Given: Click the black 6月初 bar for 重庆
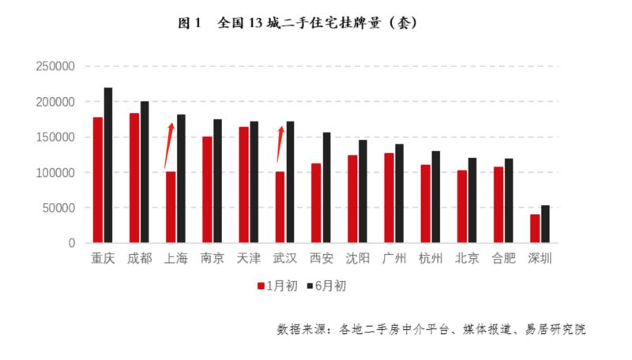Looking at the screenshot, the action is tap(108, 165).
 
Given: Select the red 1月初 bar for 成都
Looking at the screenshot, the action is tap(134, 178).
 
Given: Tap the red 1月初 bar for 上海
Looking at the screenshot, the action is tap(171, 207).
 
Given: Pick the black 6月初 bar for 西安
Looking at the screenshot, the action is tap(326, 188).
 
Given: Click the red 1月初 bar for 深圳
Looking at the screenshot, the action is tap(535, 229).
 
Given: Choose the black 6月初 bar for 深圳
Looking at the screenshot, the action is tap(545, 224).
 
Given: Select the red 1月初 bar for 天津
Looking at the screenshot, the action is tap(243, 185).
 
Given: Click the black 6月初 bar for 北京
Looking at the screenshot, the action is tap(472, 201).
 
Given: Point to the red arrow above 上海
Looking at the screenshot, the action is tap(169, 146).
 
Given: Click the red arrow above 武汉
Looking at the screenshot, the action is tap(280, 144).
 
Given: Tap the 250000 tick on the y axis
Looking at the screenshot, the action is tap(55, 66).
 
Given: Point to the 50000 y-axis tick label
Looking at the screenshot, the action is tap(58, 208).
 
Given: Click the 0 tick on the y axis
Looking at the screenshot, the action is tap(72, 243).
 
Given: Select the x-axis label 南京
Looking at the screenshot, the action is tap(213, 258).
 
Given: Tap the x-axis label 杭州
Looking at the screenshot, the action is tap(431, 258).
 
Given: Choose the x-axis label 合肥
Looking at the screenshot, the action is tap(503, 258).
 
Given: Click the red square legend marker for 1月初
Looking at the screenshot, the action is tap(261, 286).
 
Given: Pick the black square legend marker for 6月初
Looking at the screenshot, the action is tap(310, 286).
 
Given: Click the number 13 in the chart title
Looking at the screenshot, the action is tap(255, 23).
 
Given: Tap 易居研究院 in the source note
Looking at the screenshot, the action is tap(555, 329).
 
